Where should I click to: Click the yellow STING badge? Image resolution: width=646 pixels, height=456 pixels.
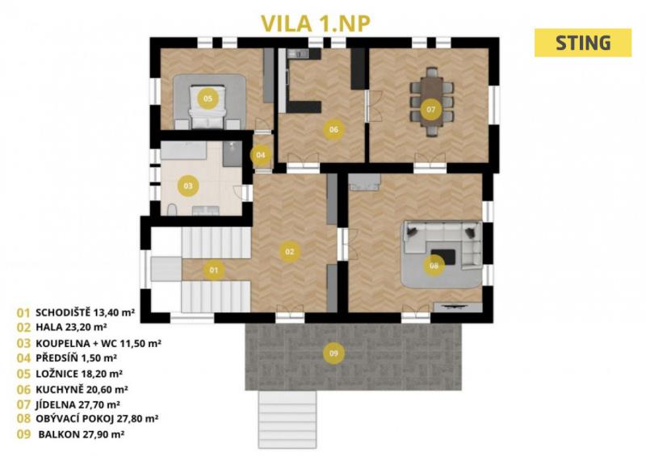pos(582,43)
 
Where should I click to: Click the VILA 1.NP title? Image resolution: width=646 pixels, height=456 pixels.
pos(316,23)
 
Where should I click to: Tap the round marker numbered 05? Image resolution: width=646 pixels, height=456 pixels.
pos(208,98)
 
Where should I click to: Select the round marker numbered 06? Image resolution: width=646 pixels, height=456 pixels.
pos(333,129)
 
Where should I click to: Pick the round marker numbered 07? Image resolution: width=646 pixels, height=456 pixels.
pos(431,109)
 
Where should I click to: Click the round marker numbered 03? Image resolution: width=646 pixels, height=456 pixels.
pos(188,186)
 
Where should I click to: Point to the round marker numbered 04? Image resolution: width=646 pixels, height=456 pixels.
pos(260,155)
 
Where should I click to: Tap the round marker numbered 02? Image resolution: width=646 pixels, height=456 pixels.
pos(290,251)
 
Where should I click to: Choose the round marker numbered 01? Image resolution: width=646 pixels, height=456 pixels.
pos(214,270)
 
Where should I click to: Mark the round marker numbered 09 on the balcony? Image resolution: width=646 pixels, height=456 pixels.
pos(333,353)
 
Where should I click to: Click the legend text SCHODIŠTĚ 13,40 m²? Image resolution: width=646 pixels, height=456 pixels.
pos(86,312)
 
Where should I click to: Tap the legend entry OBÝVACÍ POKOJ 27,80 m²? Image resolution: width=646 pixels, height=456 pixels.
pos(97,419)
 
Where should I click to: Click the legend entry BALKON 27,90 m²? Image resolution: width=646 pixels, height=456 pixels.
pos(82,433)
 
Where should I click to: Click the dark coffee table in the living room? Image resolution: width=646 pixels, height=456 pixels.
pos(443,257)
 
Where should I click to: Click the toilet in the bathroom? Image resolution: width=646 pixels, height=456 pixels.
pos(172,210)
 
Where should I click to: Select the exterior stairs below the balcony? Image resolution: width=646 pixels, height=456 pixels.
pos(287,420)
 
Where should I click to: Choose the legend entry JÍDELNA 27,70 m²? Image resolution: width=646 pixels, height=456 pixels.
pos(78,404)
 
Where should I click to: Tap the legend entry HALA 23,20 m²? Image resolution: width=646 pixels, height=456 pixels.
pos(71,328)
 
